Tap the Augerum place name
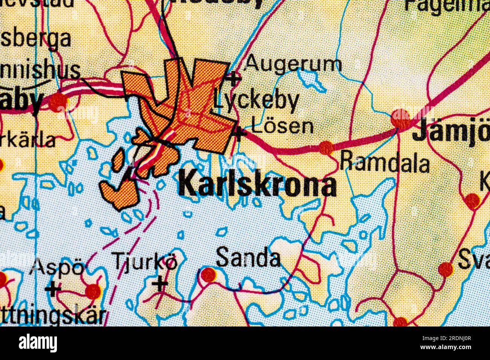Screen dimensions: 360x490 [x=293, y=64]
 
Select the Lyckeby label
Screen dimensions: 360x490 [x=256, y=101]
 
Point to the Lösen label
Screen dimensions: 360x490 [x=282, y=127]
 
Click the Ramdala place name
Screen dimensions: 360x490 [x=384, y=163]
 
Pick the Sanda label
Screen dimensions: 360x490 [x=248, y=258]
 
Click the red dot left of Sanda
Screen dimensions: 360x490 [x=208, y=275]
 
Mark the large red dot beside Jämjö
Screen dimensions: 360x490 [x=401, y=118]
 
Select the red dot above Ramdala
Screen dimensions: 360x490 [x=326, y=147]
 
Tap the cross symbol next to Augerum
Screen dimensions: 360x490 [x=233, y=78]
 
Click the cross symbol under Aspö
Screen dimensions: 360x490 [x=53, y=289]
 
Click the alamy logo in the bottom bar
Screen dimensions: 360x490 [x=38, y=343]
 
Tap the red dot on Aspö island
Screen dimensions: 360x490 [x=93, y=291]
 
